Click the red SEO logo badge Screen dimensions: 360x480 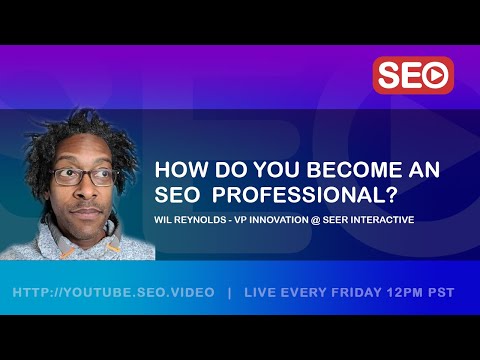click(x=413, y=75)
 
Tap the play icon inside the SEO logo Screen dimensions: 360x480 click(x=435, y=75)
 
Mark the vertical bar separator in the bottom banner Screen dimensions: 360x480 click(x=229, y=292)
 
